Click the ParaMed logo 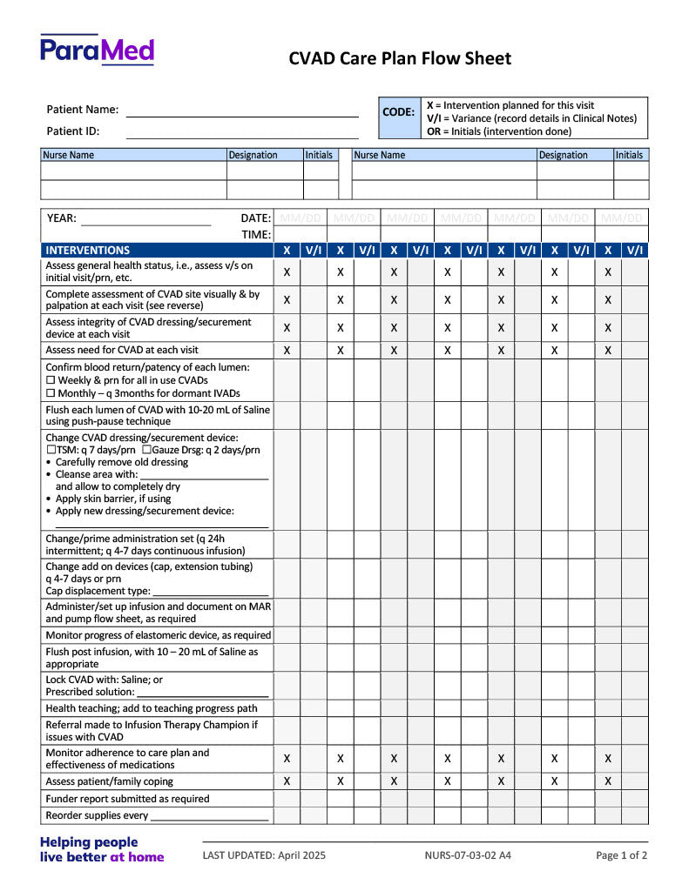pos(97,50)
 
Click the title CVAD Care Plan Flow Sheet pos(400,58)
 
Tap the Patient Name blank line pos(242,113)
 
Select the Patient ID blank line pos(242,134)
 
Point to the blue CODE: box pos(399,112)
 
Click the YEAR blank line pos(145,222)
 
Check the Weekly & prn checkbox pos(51,380)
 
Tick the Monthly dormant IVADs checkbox pos(51,393)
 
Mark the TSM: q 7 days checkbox pos(51,450)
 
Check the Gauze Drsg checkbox pos(146,450)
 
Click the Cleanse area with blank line pos(204,477)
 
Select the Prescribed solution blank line pos(214,694)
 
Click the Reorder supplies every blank pos(209,819)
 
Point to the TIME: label pos(256,234)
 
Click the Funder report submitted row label pos(127,799)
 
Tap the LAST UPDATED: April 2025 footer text pos(264,855)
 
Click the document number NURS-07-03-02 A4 pos(468,855)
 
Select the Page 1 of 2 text pos(621,855)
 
